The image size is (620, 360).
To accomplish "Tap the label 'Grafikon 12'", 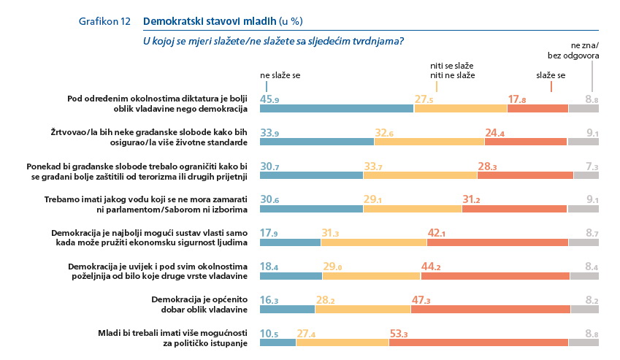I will click(104, 20).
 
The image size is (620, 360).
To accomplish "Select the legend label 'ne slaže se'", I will click(280, 75).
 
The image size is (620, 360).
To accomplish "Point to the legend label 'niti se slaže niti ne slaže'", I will click(453, 70).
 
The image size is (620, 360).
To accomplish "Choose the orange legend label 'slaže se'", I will click(551, 75).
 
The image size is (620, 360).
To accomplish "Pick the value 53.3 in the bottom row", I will click(398, 334).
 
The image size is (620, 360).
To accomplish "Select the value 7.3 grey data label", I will click(591, 166).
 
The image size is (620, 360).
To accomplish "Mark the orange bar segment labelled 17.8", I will click(537, 109).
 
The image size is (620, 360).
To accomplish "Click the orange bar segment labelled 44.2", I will click(495, 277).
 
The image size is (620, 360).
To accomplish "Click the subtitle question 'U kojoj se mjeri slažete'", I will click(274, 41).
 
